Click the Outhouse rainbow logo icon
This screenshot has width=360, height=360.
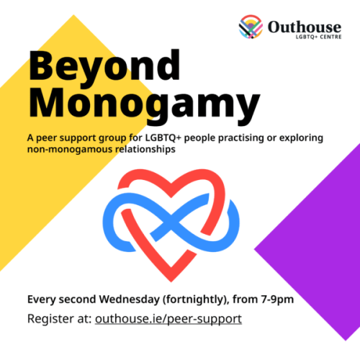pos(251,27)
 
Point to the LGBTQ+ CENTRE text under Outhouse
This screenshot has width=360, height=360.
pos(315,38)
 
